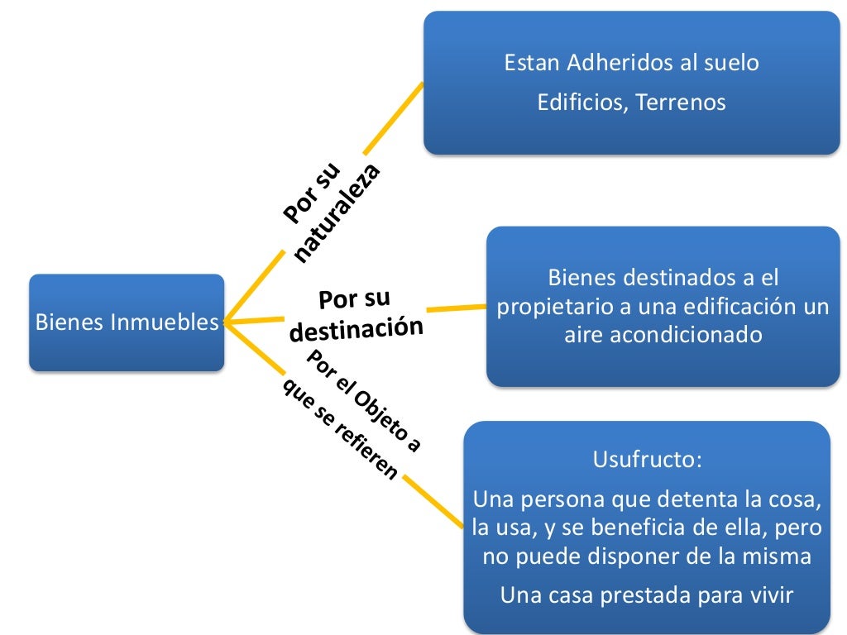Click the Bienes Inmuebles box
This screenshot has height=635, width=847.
pos(126,322)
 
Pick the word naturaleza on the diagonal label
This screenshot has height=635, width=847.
pos(337,214)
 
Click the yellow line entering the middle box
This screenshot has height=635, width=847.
pos(456,308)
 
